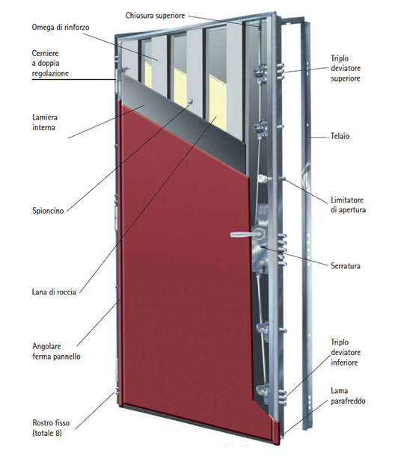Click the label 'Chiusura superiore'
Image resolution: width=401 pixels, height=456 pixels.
155,16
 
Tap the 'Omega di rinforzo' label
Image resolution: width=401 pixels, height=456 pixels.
61,28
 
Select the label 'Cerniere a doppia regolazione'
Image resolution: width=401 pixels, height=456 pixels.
50,63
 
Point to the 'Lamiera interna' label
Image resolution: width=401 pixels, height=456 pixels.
45,123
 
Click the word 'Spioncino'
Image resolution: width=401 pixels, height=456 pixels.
48,211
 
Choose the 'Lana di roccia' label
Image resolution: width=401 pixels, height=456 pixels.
54,292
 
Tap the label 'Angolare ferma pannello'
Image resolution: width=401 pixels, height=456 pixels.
56,351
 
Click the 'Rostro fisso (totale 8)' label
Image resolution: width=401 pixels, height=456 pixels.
51,428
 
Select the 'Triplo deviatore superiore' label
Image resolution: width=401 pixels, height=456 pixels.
346,68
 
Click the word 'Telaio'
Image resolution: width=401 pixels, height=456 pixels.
340,136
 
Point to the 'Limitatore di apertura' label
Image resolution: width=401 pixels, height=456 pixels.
348,205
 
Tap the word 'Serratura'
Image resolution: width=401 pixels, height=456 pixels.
346,266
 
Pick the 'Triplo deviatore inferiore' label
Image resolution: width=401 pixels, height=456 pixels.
346,353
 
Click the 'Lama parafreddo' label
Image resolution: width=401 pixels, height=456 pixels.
348,395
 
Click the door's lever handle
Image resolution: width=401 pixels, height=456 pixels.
248,234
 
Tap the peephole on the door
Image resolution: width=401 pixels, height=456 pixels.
190,101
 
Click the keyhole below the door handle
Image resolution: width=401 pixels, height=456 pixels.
263,268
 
